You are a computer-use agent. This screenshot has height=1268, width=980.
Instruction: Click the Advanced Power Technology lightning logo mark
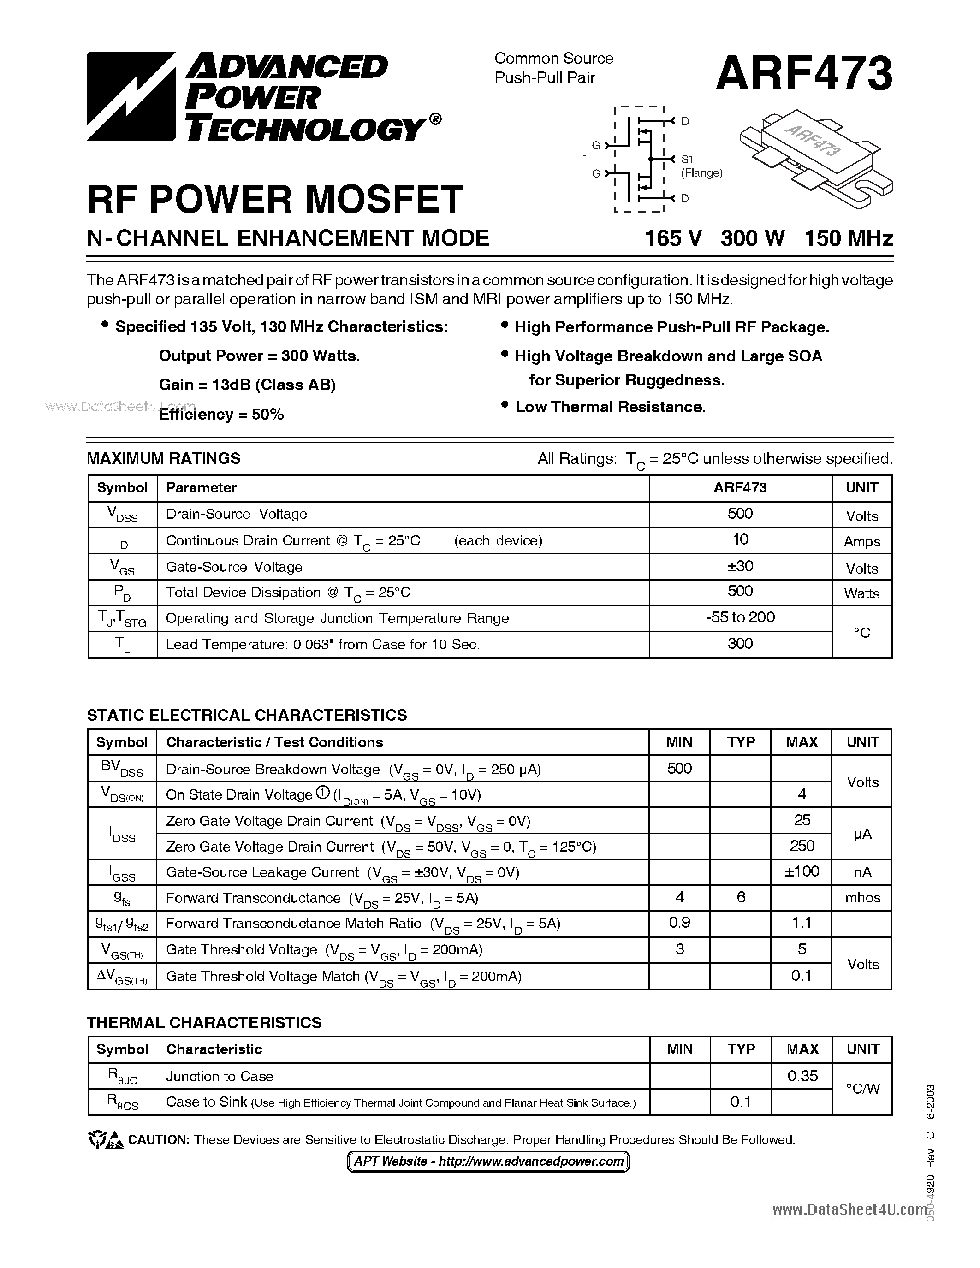[131, 96]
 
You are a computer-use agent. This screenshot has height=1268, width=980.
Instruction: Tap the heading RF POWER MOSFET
[275, 199]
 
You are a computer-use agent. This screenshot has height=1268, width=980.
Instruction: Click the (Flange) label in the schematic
[701, 172]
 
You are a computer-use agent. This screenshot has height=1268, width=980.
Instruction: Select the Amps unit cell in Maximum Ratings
[861, 542]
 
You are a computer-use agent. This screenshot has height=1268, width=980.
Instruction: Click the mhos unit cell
[862, 898]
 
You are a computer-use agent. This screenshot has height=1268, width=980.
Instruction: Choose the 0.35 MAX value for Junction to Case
[802, 1076]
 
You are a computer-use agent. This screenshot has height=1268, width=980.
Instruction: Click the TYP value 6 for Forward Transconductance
[740, 898]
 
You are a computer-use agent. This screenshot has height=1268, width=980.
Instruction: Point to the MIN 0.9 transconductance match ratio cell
[679, 923]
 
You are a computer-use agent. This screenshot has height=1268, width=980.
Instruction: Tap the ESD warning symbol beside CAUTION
[105, 1140]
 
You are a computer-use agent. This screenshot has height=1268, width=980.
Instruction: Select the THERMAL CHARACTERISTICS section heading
[204, 1022]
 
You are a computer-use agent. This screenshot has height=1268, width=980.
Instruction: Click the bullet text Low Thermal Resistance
[610, 407]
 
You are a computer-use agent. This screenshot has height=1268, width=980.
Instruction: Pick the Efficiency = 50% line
[221, 415]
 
